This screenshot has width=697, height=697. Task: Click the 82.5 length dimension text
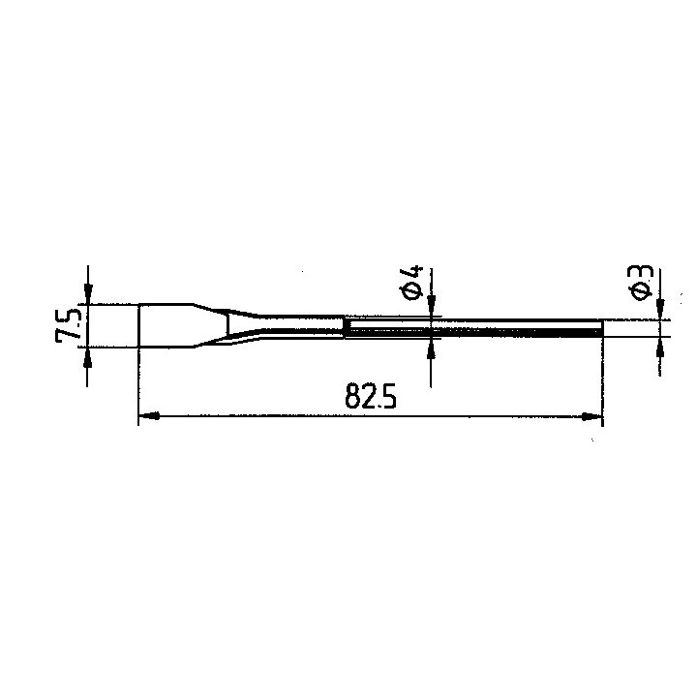point(370,396)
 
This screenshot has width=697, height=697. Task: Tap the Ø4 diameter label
point(411,284)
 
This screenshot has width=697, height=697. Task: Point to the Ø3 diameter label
point(640,283)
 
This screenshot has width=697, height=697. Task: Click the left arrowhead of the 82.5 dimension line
point(149,416)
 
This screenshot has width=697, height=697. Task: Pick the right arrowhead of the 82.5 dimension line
point(592,416)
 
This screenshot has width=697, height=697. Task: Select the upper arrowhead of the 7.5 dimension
point(88,294)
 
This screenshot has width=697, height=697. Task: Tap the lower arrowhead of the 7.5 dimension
point(87,357)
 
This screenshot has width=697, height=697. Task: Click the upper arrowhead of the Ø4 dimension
point(431,307)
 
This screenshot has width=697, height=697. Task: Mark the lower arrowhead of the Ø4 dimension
point(431,349)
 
